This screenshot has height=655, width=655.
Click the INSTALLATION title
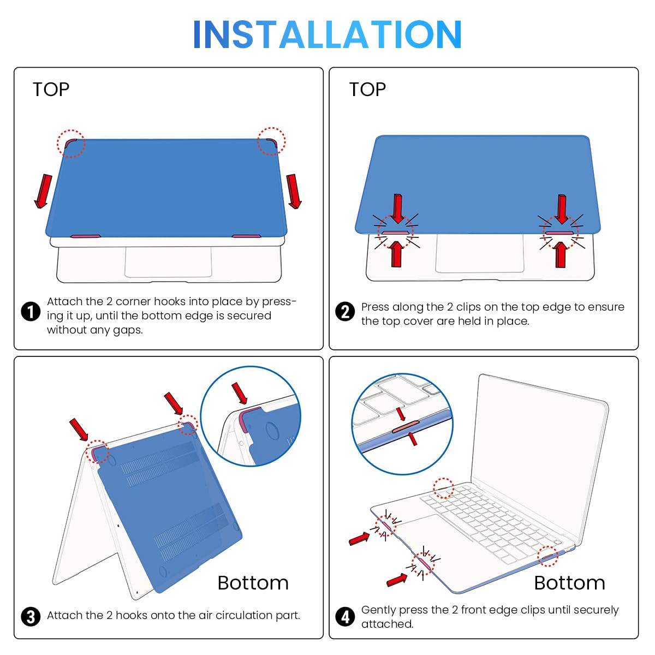[x=327, y=34]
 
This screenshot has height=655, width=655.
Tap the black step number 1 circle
[x=31, y=311]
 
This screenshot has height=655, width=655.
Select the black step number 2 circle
[x=345, y=311]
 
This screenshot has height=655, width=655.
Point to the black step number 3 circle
[x=31, y=617]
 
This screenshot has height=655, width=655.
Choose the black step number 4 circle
[x=345, y=617]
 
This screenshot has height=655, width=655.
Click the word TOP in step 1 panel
[x=51, y=90]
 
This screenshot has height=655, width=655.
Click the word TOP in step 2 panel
[x=368, y=90]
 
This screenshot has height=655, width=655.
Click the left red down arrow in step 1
[x=44, y=191]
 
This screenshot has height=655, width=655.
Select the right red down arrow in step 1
[x=294, y=191]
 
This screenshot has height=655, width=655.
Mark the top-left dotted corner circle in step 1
[x=71, y=144]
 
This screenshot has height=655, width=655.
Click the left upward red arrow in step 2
[x=396, y=254]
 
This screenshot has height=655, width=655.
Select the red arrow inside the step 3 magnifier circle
[x=240, y=393]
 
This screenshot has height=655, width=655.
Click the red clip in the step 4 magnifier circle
[x=406, y=427]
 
